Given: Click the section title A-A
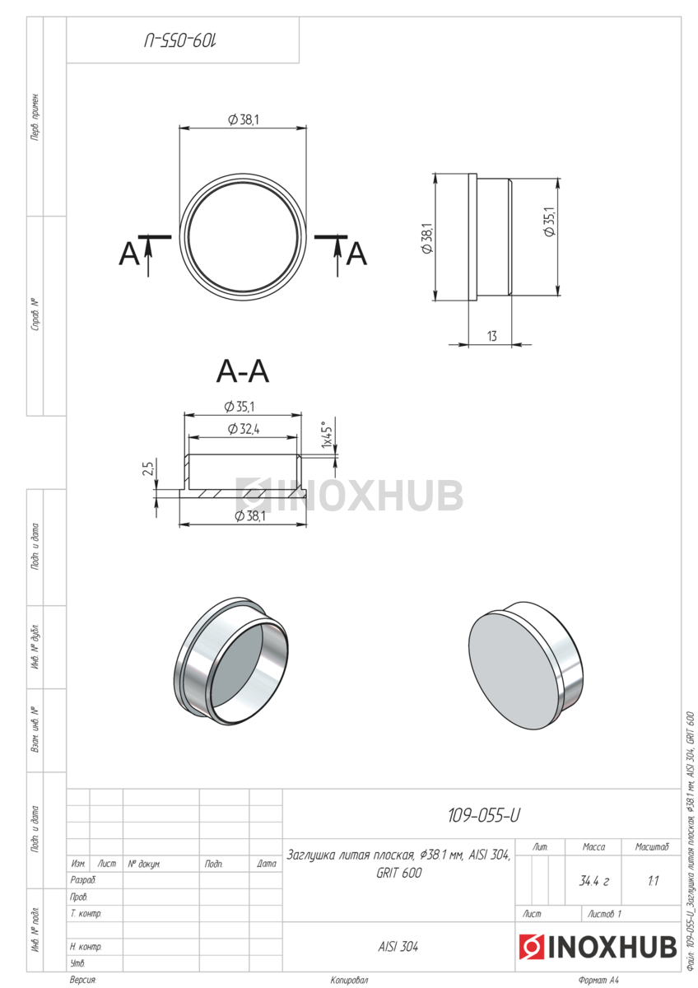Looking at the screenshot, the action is click(x=242, y=371).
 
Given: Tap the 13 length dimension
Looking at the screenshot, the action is click(x=491, y=337).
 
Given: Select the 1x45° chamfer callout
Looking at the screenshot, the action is click(x=326, y=435).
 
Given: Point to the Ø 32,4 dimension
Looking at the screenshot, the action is click(x=244, y=429).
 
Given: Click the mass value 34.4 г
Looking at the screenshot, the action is click(x=593, y=882).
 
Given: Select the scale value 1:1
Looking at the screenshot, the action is click(x=653, y=881).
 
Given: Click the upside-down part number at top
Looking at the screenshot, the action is click(x=181, y=40).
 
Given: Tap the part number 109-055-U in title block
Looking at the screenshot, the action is click(x=484, y=816).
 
